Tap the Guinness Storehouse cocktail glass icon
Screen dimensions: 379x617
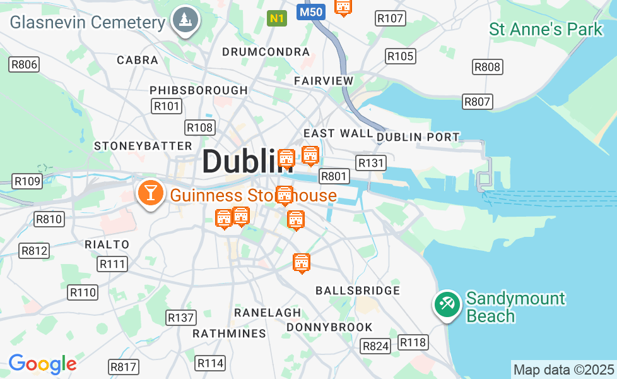click(151, 192)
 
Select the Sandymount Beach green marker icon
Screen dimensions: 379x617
click(447, 304)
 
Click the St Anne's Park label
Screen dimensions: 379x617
click(546, 29)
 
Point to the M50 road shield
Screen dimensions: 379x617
click(310, 12)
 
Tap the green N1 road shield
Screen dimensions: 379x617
click(276, 18)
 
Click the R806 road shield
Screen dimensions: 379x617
click(24, 64)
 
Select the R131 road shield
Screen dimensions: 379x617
click(370, 163)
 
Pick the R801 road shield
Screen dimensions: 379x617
click(334, 176)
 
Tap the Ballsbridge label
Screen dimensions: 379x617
click(358, 291)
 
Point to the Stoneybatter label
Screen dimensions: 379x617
click(143, 146)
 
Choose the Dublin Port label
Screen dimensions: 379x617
click(418, 137)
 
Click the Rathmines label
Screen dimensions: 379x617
click(229, 333)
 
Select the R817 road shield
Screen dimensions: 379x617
click(123, 367)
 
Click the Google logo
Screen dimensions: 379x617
click(42, 364)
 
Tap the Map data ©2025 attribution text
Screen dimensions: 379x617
click(563, 370)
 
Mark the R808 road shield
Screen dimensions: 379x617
click(487, 67)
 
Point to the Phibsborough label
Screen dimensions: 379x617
click(199, 90)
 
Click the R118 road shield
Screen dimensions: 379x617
click(413, 342)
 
